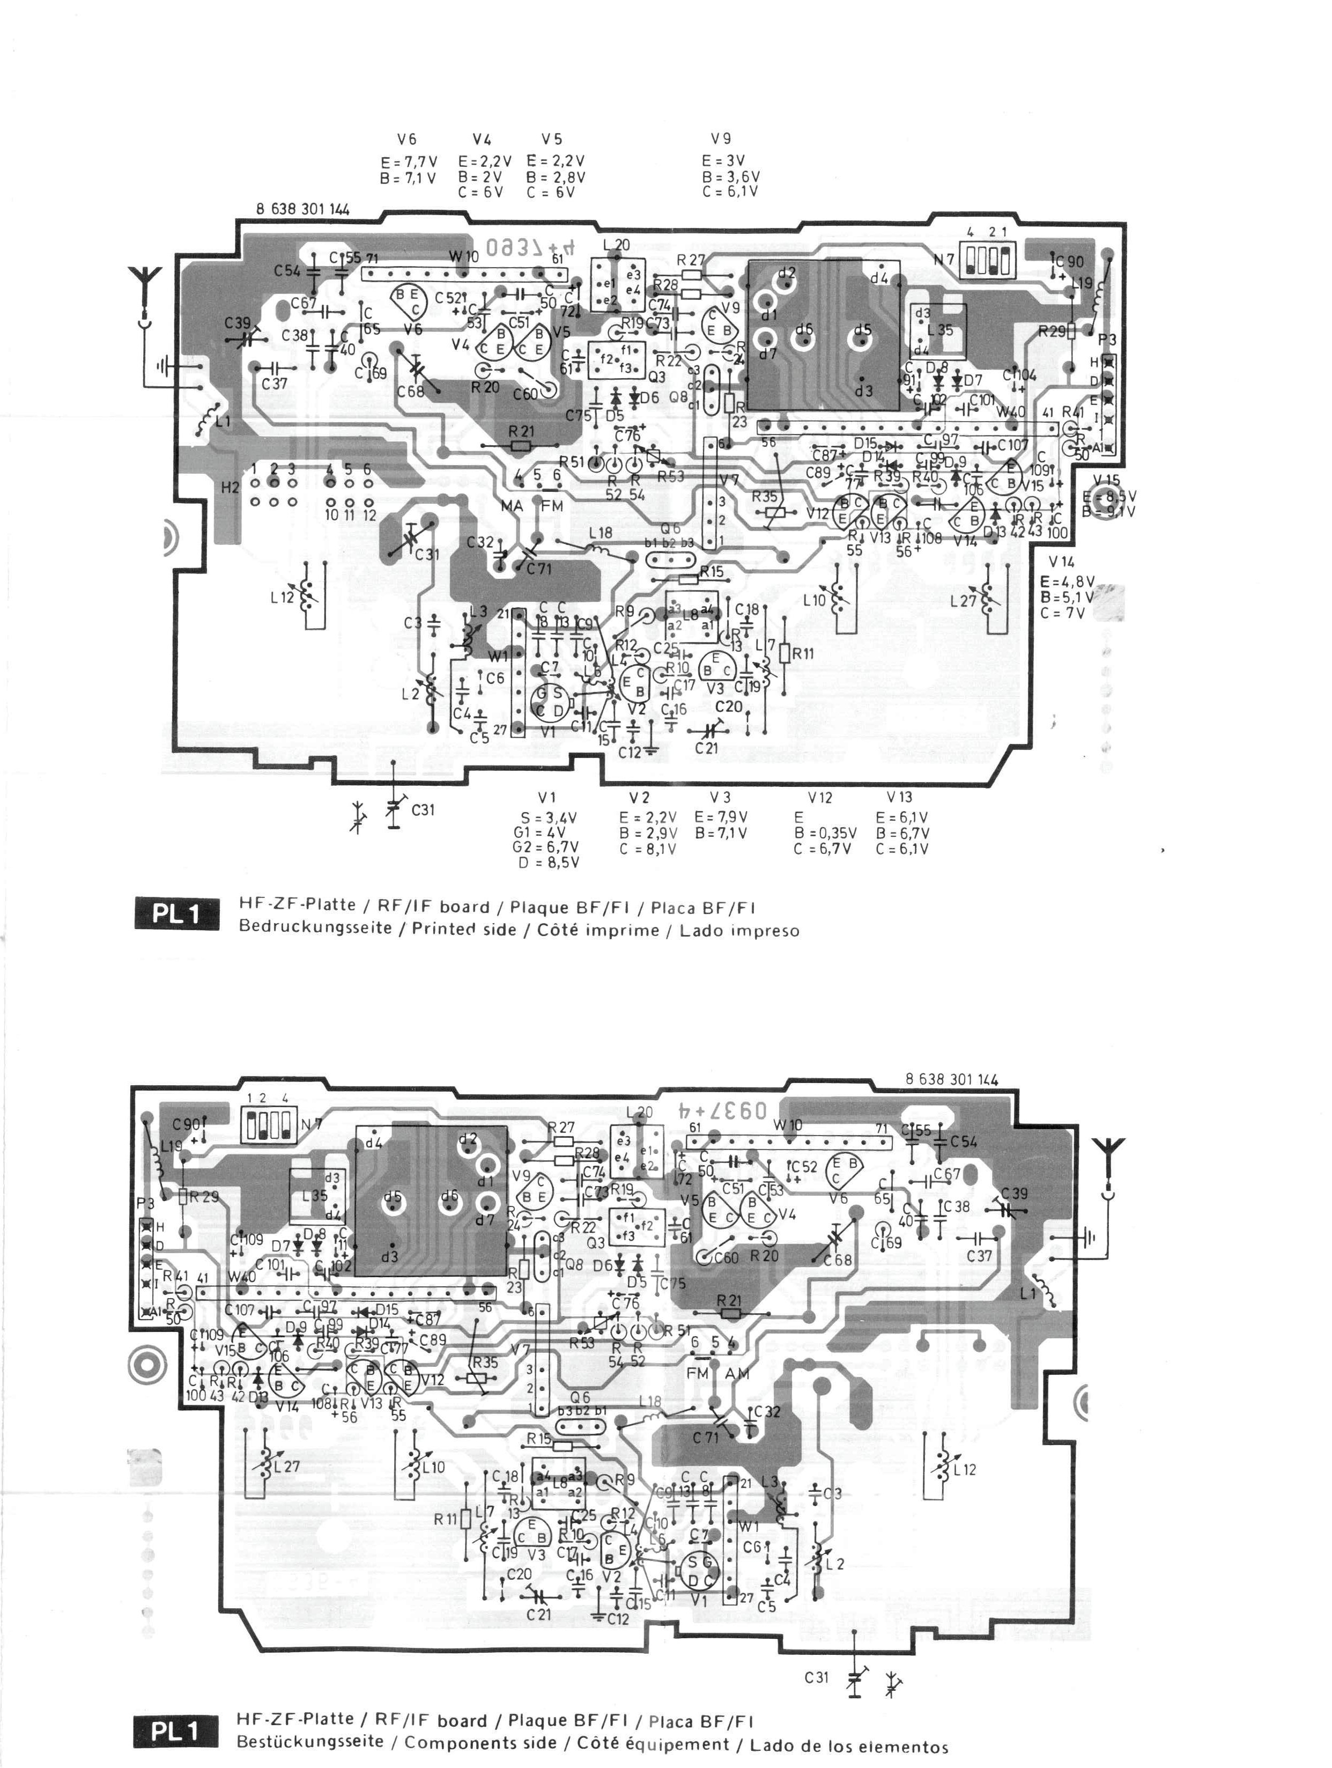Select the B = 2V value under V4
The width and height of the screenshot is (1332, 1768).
pyautogui.click(x=480, y=176)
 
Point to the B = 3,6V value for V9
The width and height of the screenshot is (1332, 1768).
pyautogui.click(x=730, y=176)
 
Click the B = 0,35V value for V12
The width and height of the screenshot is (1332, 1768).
pyautogui.click(x=825, y=833)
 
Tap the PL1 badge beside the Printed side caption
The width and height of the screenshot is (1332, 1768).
pyautogui.click(x=176, y=915)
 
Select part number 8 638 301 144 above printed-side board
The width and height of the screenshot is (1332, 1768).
pyautogui.click(x=302, y=209)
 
